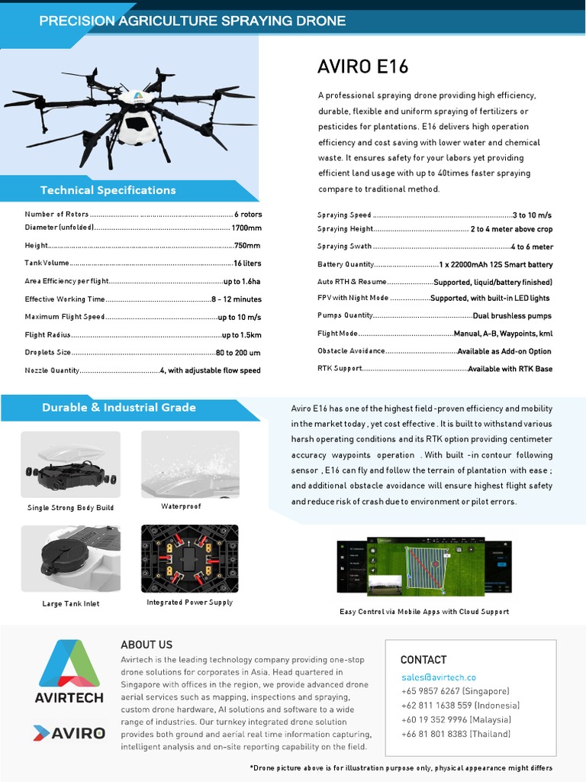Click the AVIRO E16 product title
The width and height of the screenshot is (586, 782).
pos(362,67)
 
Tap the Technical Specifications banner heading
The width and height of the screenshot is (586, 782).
pos(108,190)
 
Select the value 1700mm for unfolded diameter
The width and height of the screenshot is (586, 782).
pos(246,228)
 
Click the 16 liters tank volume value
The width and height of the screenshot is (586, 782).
pos(247,263)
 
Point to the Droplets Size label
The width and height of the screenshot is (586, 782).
pos(47,353)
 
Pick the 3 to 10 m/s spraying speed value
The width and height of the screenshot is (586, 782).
pos(533,215)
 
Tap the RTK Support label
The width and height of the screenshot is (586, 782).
pos(340,369)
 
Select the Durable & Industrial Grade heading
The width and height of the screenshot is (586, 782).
pos(118,408)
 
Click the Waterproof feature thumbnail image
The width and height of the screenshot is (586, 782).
pos(190,464)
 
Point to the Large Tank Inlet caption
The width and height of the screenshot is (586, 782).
pos(71,604)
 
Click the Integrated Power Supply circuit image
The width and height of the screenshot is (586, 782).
pos(190,558)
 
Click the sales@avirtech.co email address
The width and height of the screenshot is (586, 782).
pos(439,677)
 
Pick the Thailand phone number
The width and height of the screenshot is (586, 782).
pos(445,734)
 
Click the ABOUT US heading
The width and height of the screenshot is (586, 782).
pos(146,645)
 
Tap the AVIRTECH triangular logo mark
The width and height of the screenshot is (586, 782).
pos(69,662)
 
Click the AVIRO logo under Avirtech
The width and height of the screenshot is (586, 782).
pos(69,733)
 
